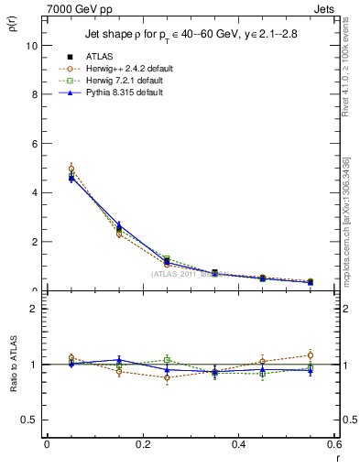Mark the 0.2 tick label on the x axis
(142, 444)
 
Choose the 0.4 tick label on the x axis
(238, 444)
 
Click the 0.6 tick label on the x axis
(333, 444)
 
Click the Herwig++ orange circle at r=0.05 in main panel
(71, 169)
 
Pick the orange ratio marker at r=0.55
(311, 355)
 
